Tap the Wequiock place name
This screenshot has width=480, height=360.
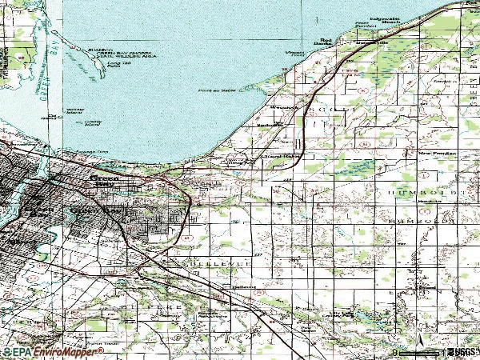284,106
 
